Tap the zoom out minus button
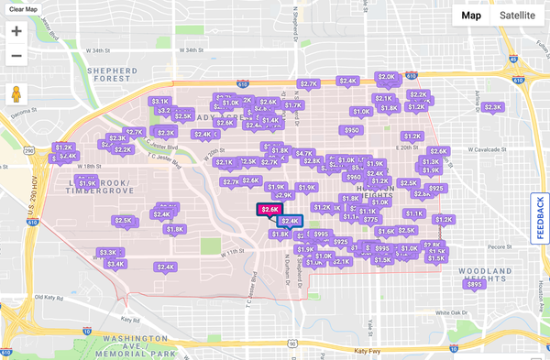click(16, 56)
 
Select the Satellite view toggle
click(518, 15)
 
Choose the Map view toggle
click(471, 15)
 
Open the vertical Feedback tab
click(540, 218)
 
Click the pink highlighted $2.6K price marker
click(269, 210)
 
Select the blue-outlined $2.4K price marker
click(290, 221)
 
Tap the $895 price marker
click(474, 284)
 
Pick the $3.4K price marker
click(115, 264)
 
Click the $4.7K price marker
click(304, 154)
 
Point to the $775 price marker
click(370, 220)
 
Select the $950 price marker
click(351, 130)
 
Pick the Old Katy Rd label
click(51, 297)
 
